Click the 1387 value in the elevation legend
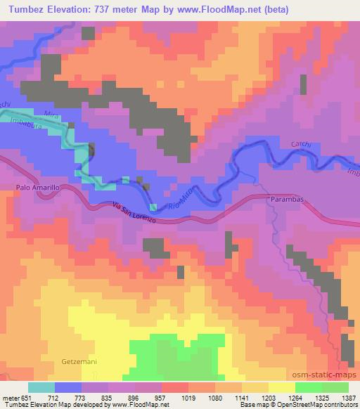pos(348,398)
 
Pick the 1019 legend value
pos(188,398)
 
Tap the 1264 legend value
pos(295,398)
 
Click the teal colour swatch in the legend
pos(41,387)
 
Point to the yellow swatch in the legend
pos(281,387)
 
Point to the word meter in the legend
pos(11,398)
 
